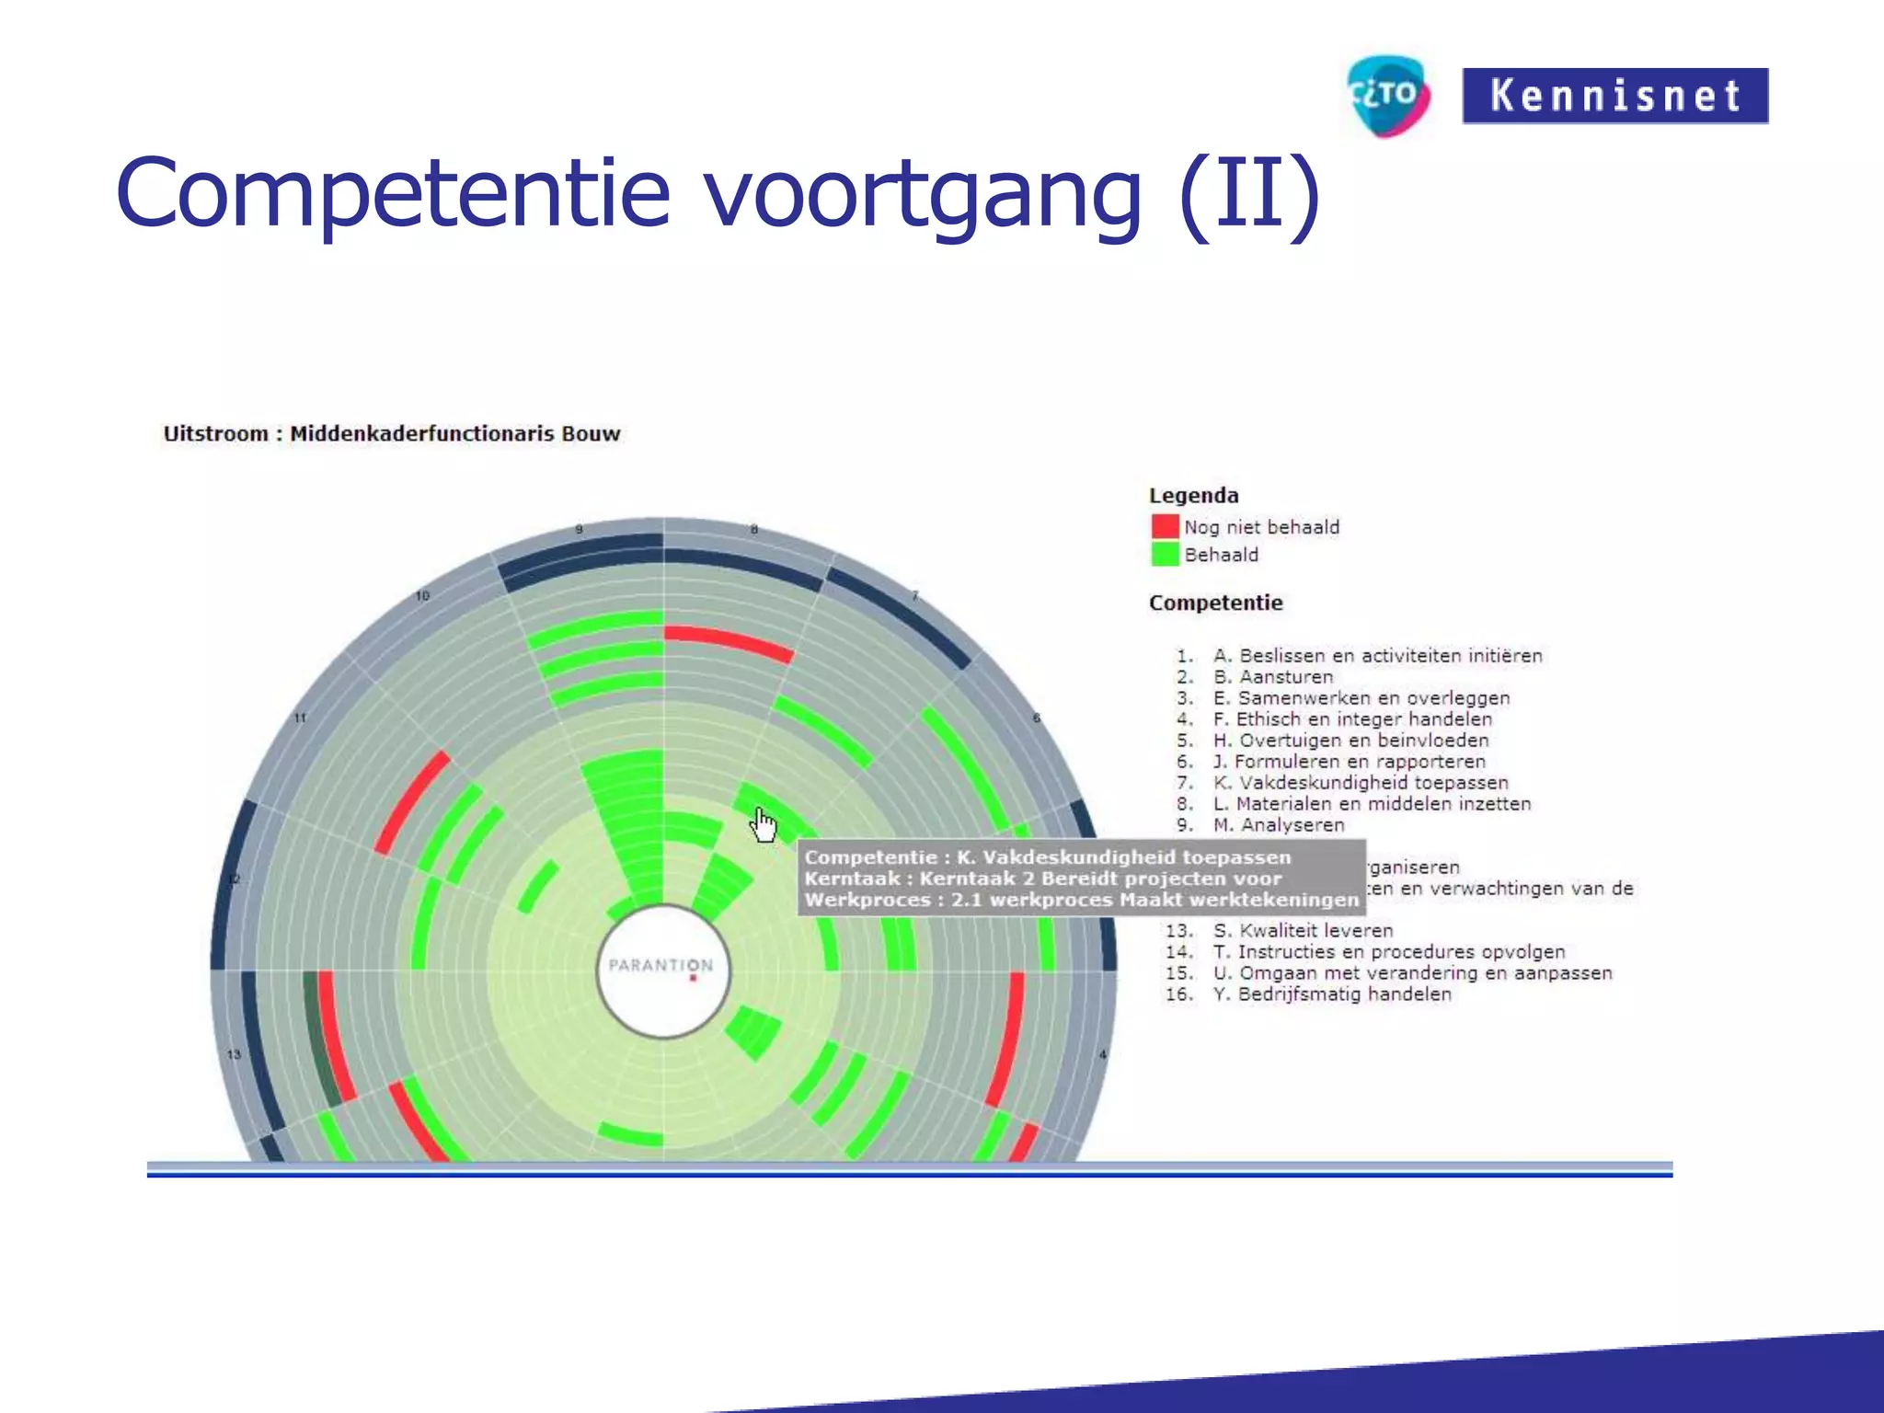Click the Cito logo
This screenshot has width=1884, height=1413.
click(1388, 95)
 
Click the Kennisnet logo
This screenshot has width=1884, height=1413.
click(1614, 96)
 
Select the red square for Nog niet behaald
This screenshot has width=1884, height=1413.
click(1165, 526)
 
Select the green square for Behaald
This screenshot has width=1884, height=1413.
click(1165, 554)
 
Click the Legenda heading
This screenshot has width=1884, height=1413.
click(1193, 495)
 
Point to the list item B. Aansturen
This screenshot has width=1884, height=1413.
click(1272, 677)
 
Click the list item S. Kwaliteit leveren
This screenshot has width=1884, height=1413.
click(1303, 930)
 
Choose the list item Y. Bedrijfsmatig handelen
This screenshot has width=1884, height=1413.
click(1331, 994)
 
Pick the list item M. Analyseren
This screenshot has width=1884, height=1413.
click(1278, 825)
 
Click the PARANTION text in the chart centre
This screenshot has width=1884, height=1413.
click(661, 965)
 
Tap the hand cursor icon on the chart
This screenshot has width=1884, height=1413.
click(763, 824)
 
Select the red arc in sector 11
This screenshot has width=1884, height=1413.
click(411, 801)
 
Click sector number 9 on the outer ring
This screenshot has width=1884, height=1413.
click(579, 529)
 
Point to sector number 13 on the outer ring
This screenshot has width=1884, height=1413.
click(234, 1054)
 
